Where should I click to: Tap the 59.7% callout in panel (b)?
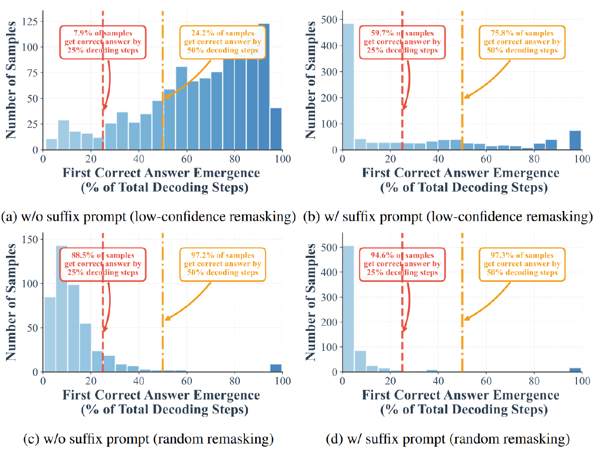point(402,42)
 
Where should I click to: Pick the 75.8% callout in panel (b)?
point(522,42)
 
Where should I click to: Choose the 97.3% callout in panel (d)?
point(522,264)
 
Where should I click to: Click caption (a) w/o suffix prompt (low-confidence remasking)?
point(149,217)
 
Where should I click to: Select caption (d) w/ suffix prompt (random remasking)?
point(448,440)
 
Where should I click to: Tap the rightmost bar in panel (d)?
point(576,369)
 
